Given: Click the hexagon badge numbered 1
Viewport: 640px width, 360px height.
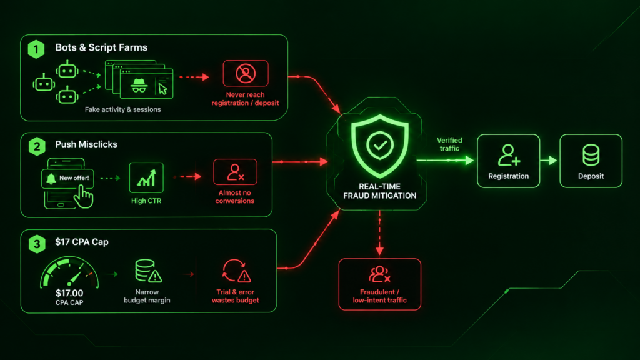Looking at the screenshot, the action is [x=36, y=49].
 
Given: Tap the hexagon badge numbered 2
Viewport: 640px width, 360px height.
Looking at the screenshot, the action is [x=37, y=146].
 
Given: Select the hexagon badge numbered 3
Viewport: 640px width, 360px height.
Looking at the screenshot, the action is [x=37, y=244].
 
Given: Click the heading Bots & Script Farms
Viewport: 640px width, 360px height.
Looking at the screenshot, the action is [x=101, y=47].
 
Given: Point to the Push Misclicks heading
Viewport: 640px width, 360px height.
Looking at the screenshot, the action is [x=86, y=144].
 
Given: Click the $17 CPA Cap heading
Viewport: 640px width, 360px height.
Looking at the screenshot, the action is [x=82, y=242].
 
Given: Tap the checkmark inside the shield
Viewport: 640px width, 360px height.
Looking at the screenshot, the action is [x=380, y=145].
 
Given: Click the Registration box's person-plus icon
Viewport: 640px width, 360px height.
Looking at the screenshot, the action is [x=509, y=155].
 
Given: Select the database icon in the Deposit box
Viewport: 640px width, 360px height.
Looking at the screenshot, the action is [x=591, y=155].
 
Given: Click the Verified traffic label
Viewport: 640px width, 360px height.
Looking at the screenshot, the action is [x=449, y=144].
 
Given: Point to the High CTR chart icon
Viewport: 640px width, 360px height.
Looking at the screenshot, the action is [x=146, y=177].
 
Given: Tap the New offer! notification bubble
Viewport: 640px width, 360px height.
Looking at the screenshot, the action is [x=67, y=178].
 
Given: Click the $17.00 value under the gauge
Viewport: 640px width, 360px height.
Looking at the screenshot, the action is [x=69, y=293].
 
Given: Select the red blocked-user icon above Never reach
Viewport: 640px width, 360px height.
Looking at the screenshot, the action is [x=246, y=74].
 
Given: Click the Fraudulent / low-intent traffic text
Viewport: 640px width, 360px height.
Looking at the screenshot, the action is [x=379, y=296].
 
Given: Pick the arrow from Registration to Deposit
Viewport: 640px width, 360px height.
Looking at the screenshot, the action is [x=549, y=161].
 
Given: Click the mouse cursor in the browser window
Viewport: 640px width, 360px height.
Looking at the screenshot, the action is [x=163, y=89].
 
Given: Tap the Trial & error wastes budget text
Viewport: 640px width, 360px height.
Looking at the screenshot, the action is [x=235, y=296].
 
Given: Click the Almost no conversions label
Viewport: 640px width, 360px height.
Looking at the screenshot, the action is [x=235, y=197].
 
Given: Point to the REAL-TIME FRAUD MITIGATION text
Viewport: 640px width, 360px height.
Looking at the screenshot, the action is [x=379, y=191].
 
